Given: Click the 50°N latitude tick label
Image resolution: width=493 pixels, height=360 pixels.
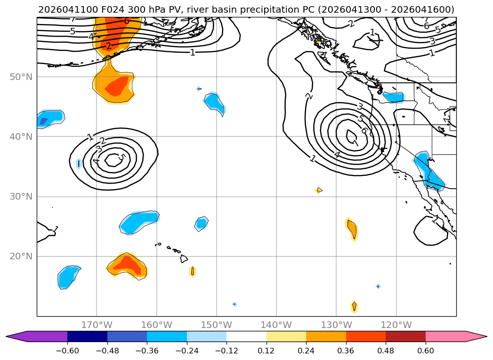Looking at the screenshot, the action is point(21,77).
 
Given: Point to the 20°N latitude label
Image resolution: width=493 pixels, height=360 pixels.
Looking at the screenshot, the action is point(21,256).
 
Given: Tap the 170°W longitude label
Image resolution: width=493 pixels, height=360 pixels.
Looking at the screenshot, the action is point(97,325).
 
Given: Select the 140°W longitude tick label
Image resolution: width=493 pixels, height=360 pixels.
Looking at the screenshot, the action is point(276,325).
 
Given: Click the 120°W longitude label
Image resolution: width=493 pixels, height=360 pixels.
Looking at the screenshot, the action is point(396,325).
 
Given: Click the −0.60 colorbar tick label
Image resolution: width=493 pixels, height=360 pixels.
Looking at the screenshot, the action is point(67,351).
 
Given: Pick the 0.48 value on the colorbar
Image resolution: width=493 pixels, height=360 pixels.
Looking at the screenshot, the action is point(386,351).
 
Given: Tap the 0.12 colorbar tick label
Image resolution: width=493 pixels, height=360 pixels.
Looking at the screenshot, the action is point(267,351).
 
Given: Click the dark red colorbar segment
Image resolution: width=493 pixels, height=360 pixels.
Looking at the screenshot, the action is point(405,336).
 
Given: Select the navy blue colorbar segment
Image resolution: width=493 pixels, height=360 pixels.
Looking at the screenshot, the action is point(87,336).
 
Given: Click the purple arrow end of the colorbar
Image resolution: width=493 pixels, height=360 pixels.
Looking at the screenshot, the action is point(36,336).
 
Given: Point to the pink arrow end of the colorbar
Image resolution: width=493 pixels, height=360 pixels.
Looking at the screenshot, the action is point(456,336).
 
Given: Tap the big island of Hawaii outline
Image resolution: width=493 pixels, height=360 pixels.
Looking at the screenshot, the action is point(184,259).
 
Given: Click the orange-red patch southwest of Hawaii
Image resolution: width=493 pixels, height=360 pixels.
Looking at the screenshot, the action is point(127,266).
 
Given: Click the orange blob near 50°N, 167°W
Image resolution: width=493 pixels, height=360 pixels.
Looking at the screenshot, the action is point(114,85).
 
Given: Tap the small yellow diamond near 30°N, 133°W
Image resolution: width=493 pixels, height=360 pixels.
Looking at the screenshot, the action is point(318,190).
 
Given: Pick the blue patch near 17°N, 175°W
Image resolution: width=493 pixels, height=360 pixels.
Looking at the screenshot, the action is point(68,277).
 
